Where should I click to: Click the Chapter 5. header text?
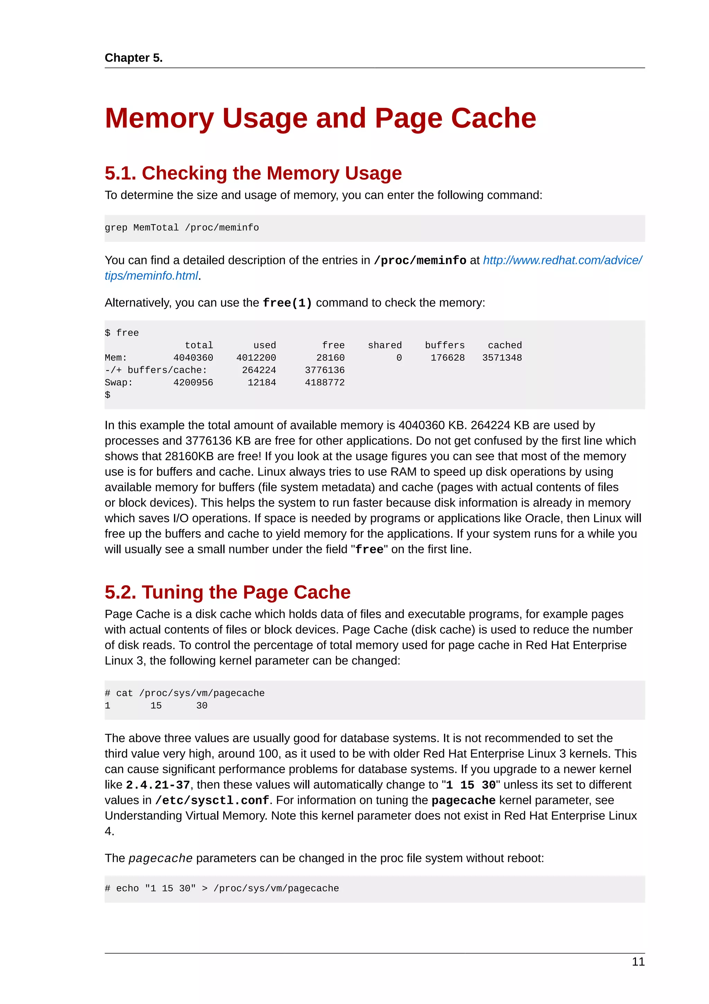[133, 58]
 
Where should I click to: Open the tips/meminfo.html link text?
[151, 276]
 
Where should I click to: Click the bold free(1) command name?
[287, 303]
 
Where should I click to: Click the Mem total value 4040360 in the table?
[193, 358]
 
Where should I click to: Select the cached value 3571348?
[502, 358]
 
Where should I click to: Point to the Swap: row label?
[118, 382]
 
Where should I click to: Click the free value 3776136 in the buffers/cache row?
[325, 370]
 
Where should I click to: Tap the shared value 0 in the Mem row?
[399, 358]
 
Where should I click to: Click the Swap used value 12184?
[262, 382]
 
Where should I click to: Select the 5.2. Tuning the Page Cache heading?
[227, 592]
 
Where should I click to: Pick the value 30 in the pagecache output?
[201, 705]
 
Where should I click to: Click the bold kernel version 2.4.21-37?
[158, 785]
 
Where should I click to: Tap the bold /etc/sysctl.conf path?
[212, 800]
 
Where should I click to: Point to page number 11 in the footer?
[638, 962]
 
